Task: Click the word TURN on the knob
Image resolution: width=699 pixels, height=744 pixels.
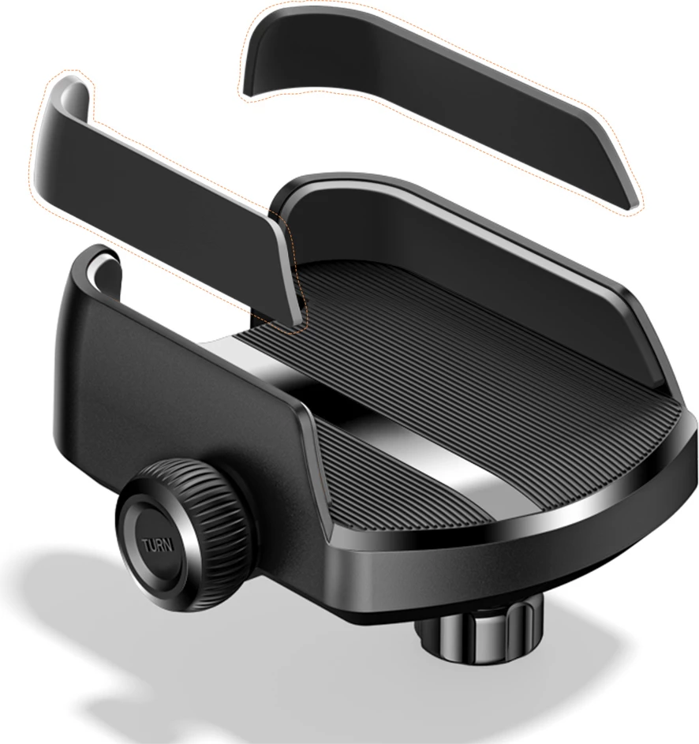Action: [158, 544]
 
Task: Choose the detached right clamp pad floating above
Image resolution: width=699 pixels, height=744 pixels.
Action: [441, 104]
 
